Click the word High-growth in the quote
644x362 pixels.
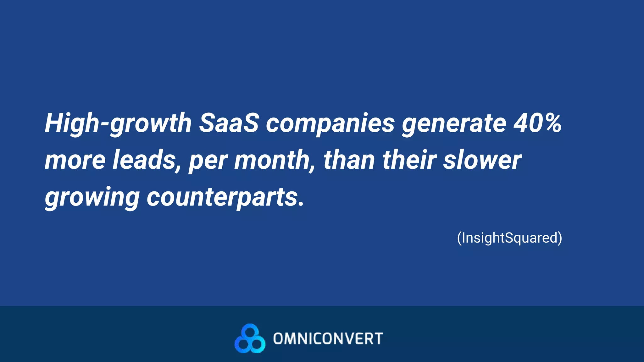point(118,123)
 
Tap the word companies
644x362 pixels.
point(330,123)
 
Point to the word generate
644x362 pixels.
point(454,123)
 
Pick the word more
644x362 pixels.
point(75,160)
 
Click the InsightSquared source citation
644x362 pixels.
point(509,238)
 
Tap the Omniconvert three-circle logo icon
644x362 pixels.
point(250,338)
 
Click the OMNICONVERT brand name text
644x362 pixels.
point(328,339)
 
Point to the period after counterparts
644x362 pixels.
point(301,204)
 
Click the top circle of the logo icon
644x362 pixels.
point(250,331)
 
